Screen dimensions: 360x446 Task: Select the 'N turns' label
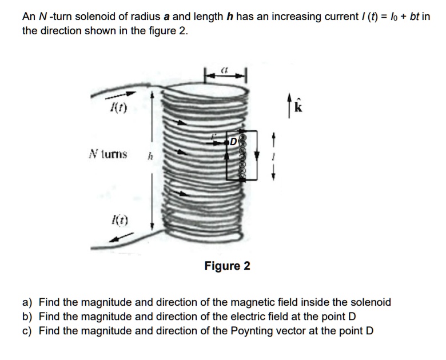click(107, 154)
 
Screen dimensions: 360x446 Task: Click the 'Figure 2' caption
click(227, 266)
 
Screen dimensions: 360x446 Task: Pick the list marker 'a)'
click(27, 302)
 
